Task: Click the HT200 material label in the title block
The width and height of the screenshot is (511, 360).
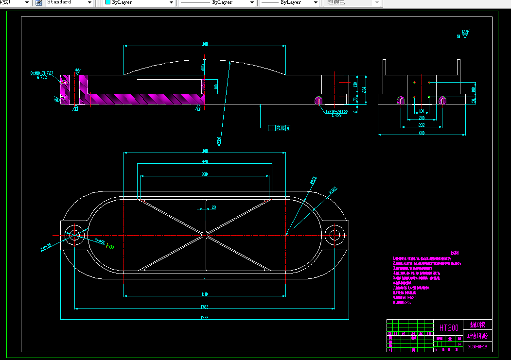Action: tap(448, 328)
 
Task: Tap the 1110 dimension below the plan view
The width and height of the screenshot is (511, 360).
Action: tap(204, 293)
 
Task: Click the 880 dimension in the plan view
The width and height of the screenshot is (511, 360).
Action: tap(204, 174)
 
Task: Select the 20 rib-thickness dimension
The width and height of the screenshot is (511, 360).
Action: tap(213, 207)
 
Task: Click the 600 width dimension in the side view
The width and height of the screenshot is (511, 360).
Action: tap(422, 132)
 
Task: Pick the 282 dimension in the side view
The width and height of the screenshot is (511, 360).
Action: tap(421, 125)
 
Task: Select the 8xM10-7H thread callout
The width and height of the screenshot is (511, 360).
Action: tap(42, 73)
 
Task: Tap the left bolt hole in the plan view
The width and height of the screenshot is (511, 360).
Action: tap(74, 235)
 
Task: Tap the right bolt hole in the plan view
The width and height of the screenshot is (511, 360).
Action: tap(335, 235)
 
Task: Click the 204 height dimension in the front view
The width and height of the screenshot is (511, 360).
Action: tap(364, 90)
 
